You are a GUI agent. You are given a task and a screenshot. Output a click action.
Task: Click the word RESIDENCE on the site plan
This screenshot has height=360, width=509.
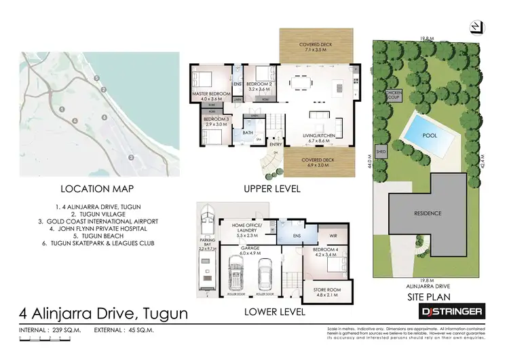(x=428, y=213)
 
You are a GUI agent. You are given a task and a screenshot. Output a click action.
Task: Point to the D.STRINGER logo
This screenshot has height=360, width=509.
(x=451, y=312)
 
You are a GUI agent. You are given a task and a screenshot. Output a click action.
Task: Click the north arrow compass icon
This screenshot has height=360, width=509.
(x=477, y=26)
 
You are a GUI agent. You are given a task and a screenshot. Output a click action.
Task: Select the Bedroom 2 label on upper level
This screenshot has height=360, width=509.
(x=259, y=86)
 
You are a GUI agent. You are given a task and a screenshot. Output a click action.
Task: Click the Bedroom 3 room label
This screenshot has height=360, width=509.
(x=216, y=122)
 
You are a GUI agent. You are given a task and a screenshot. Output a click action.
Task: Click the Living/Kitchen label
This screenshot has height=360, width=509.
(x=314, y=139)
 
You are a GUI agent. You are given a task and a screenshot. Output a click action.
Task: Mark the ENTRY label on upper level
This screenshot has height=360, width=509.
(x=276, y=144)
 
